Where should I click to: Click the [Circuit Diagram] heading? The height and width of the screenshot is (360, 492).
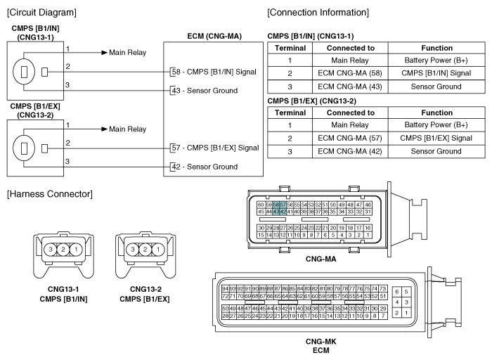tap(41, 13)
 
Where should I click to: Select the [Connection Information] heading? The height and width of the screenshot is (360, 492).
tap(318, 13)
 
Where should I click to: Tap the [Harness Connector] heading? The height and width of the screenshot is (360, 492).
tap(50, 194)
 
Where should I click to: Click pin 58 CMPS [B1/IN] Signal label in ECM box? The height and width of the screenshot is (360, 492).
tap(214, 72)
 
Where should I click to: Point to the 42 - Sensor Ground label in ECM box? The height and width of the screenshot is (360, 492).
tap(205, 167)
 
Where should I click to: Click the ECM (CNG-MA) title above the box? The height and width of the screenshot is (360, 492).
tap(214, 36)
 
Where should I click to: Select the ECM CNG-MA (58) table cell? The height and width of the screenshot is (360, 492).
tap(350, 73)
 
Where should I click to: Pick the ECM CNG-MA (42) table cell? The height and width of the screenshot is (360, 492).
tap(350, 151)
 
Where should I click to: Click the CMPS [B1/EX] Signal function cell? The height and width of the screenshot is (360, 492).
tap(436, 138)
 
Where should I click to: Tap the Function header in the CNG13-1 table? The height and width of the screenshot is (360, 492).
tap(436, 48)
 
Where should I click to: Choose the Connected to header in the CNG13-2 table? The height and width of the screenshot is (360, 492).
tap(351, 112)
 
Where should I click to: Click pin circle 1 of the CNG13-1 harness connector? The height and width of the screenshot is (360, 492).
tap(76, 250)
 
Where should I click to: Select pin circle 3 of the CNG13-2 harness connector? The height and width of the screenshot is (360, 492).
tap(132, 250)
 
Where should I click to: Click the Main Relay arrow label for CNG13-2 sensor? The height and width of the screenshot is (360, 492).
tap(127, 129)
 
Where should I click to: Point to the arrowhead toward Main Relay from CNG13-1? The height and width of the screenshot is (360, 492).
tap(105, 53)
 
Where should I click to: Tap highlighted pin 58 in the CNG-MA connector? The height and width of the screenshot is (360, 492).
tap(276, 205)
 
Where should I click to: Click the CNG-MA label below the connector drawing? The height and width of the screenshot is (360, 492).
tap(321, 259)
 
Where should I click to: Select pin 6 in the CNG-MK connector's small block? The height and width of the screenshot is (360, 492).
tap(397, 292)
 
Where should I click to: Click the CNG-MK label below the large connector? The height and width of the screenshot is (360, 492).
tap(321, 342)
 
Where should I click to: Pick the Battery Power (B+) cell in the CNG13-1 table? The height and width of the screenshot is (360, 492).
tap(436, 60)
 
